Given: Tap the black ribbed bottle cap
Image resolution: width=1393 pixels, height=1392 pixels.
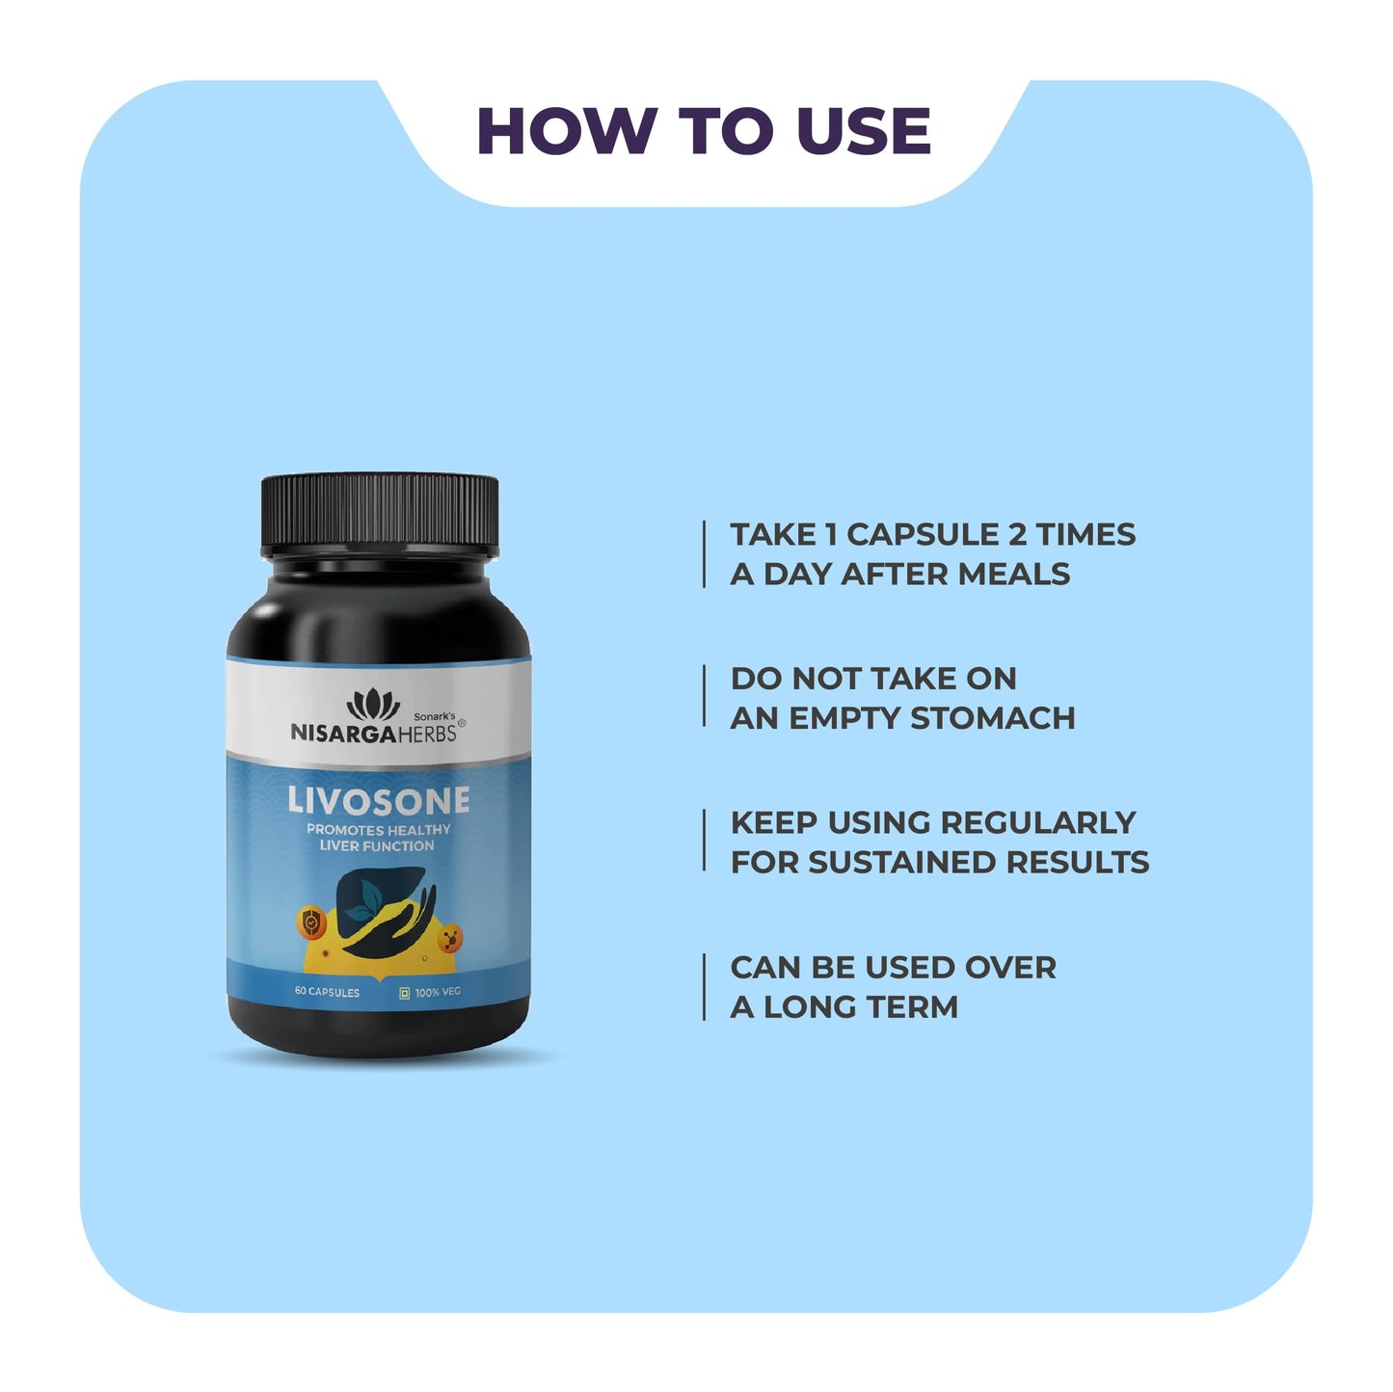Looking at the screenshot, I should (x=380, y=513).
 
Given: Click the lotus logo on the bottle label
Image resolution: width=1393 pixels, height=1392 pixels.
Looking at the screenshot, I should (x=373, y=705).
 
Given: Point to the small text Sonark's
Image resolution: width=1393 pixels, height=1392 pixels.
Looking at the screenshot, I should (x=434, y=716).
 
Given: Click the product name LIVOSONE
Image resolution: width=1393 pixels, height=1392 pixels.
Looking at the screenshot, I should (x=379, y=800).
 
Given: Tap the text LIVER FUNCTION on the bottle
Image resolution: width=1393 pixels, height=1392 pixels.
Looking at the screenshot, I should (x=377, y=846).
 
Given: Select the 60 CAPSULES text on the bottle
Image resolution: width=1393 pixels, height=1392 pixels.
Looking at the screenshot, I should (x=327, y=992).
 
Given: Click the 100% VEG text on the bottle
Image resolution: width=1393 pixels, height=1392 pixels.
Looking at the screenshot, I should (x=438, y=992).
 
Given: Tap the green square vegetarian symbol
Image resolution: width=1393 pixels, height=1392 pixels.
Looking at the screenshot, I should (x=405, y=992).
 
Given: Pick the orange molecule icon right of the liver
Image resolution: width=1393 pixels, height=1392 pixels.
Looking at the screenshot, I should (x=449, y=936).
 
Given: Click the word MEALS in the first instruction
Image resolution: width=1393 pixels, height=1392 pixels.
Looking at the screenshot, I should (x=1014, y=575).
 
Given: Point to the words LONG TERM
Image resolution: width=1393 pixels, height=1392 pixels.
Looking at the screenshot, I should (x=861, y=1007).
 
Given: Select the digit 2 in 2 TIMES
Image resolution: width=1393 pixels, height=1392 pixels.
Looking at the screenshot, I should (x=1017, y=535).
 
